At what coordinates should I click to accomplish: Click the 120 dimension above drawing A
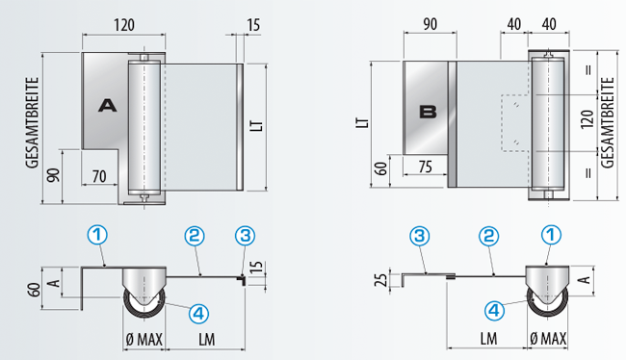pos(124,25)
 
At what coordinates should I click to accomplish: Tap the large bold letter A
pos(108,105)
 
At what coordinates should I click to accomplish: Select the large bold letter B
pos(428,112)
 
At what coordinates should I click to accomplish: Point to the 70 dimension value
pos(99,176)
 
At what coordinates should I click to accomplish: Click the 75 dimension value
pos(425,166)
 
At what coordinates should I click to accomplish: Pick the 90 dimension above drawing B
pos(430,24)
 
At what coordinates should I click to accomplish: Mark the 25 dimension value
pos(382,279)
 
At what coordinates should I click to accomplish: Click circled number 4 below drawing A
pos(198,313)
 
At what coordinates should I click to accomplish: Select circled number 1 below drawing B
pos(551,235)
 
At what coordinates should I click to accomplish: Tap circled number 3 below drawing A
pos(246,236)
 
